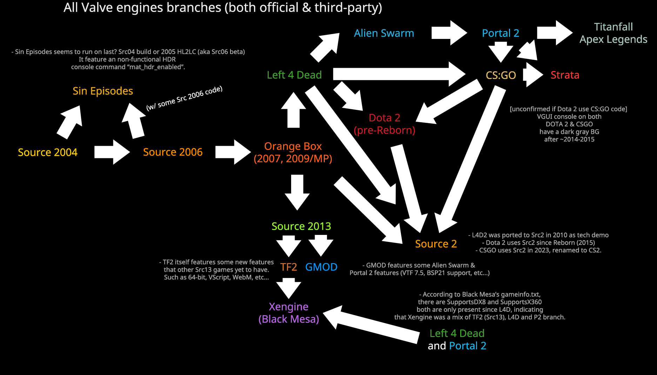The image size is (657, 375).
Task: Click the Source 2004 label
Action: click(47, 152)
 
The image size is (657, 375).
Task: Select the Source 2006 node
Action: click(173, 152)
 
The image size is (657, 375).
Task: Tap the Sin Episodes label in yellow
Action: click(103, 91)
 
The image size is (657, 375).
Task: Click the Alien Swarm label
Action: click(384, 33)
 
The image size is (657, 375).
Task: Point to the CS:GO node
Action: click(501, 75)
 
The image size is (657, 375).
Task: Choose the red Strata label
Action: click(565, 75)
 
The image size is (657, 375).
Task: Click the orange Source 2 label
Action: click(436, 244)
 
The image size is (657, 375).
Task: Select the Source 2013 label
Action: click(301, 226)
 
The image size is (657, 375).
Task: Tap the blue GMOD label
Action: click(321, 267)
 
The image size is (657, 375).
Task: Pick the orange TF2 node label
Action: click(288, 267)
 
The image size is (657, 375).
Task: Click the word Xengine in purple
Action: click(288, 307)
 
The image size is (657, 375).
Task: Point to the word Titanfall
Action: click(613, 27)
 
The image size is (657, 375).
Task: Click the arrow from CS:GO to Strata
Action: click(533, 75)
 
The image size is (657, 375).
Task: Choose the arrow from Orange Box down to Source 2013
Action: click(297, 192)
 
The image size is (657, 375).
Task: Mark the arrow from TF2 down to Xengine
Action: click(289, 288)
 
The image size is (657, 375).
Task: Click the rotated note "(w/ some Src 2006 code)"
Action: click(184, 98)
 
